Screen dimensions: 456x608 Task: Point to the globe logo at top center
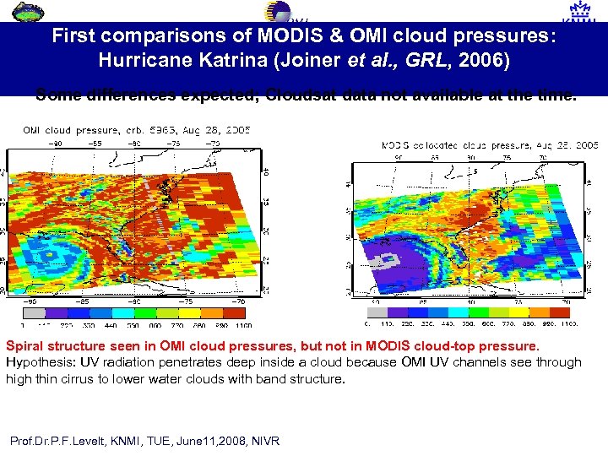tap(278, 11)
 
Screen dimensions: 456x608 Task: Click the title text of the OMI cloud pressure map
tap(136, 130)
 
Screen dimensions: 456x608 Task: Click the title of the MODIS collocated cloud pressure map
tap(490, 145)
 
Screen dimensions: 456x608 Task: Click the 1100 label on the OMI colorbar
tap(245, 324)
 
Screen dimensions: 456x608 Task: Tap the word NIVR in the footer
tap(264, 441)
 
